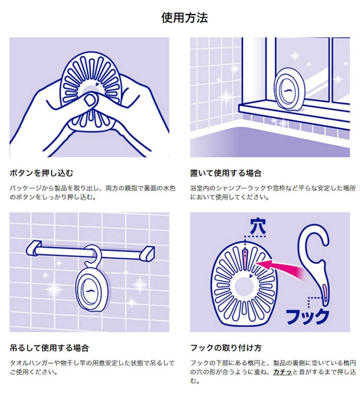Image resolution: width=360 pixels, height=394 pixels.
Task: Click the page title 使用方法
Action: pos(184,18)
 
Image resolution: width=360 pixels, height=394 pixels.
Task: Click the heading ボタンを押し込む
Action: pos(41,173)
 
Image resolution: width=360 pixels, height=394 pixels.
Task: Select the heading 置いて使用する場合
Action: pos(226,173)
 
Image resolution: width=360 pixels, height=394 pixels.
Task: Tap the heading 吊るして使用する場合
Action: pos(49,348)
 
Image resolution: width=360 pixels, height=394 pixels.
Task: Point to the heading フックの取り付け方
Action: pos(226,348)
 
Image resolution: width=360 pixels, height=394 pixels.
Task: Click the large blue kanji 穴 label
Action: pos(258,227)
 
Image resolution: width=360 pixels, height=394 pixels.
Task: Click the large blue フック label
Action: pos(308,316)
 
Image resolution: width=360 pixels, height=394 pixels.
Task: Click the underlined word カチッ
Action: pos(282,371)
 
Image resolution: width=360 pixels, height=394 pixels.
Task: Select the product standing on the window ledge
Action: pos(288,89)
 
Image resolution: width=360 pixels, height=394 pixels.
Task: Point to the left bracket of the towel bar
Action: pos(34,248)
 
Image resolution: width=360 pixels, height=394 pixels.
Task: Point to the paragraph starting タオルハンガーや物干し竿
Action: pos(92,367)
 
